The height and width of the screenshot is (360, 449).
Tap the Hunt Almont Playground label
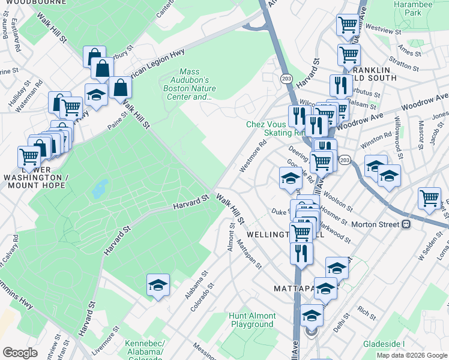tap(252, 320)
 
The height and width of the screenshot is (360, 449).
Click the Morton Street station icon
tap(406, 224)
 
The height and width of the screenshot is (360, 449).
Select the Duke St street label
tap(280, 211)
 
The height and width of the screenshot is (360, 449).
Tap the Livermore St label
tap(106, 341)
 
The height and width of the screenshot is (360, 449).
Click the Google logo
tap(20, 353)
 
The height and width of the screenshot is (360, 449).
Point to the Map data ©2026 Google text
tap(412, 355)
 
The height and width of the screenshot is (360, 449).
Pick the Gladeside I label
tap(384, 344)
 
